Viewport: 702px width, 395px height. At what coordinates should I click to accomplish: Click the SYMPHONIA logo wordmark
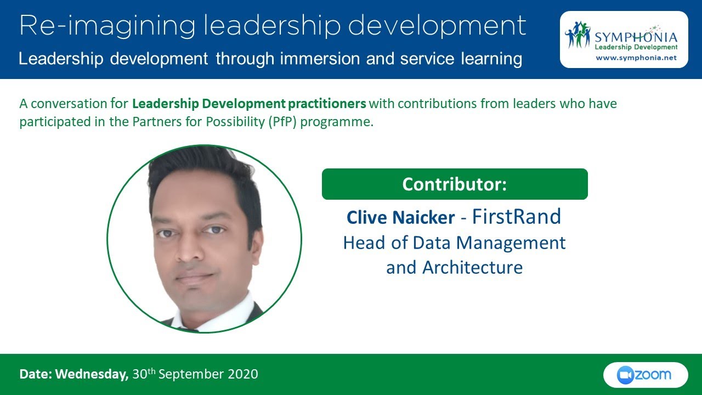(636, 37)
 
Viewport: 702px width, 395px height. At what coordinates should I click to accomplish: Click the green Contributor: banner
(454, 184)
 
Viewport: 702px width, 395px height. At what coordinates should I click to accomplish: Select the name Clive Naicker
(400, 218)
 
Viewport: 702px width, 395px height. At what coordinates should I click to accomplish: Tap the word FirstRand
(516, 217)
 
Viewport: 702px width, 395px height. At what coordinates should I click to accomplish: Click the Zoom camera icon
(625, 375)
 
